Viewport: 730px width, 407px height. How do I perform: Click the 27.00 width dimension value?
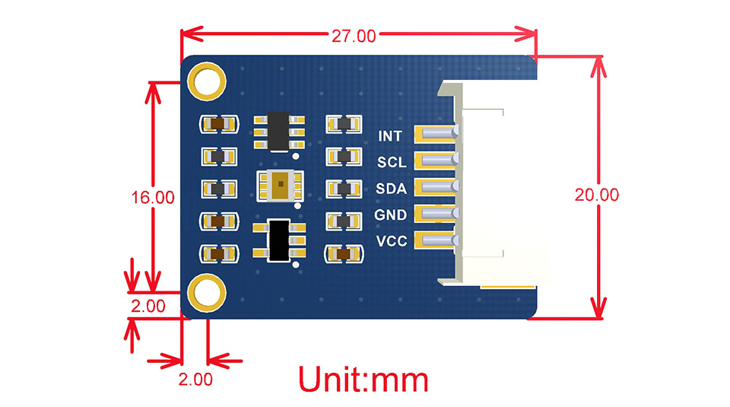(353, 36)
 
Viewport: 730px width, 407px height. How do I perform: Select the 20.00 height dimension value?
(596, 194)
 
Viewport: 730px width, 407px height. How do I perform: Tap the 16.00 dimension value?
(153, 196)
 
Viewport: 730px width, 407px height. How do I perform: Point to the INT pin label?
(391, 137)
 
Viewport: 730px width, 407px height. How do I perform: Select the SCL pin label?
(391, 163)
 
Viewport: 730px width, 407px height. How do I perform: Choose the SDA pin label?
(391, 189)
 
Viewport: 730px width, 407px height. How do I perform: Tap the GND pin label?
(391, 215)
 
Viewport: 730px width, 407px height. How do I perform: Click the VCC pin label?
(391, 242)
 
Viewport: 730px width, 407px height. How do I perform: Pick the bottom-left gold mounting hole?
(206, 293)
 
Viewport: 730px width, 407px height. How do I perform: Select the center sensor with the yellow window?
(278, 186)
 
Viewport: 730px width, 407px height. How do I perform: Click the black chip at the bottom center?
(278, 240)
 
